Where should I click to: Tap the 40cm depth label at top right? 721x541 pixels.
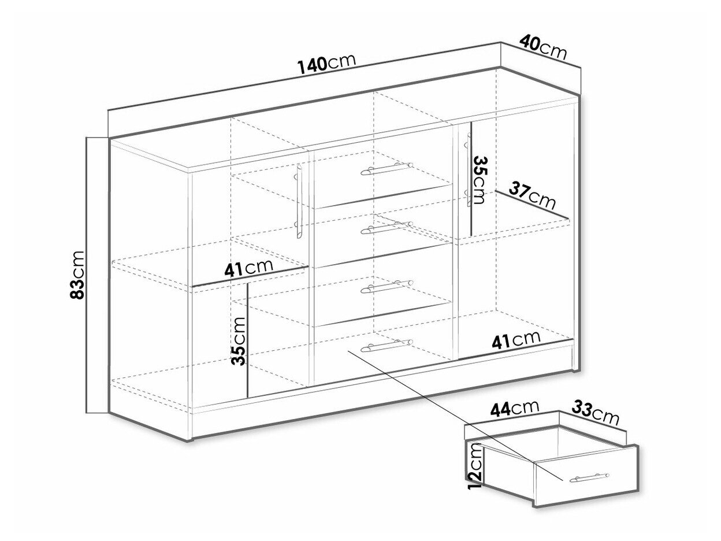point(543,49)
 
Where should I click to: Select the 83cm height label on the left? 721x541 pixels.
point(77,275)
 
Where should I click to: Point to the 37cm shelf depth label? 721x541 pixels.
point(532,197)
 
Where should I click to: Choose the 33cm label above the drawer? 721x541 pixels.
point(595,413)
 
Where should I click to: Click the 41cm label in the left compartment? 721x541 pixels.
point(248,268)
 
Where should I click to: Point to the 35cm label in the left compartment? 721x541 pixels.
point(238,340)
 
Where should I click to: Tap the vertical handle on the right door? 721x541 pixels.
point(468,169)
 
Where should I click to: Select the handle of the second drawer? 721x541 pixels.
point(387,227)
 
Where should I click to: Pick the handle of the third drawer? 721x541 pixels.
point(387,287)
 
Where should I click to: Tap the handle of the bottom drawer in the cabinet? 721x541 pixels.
point(387,346)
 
